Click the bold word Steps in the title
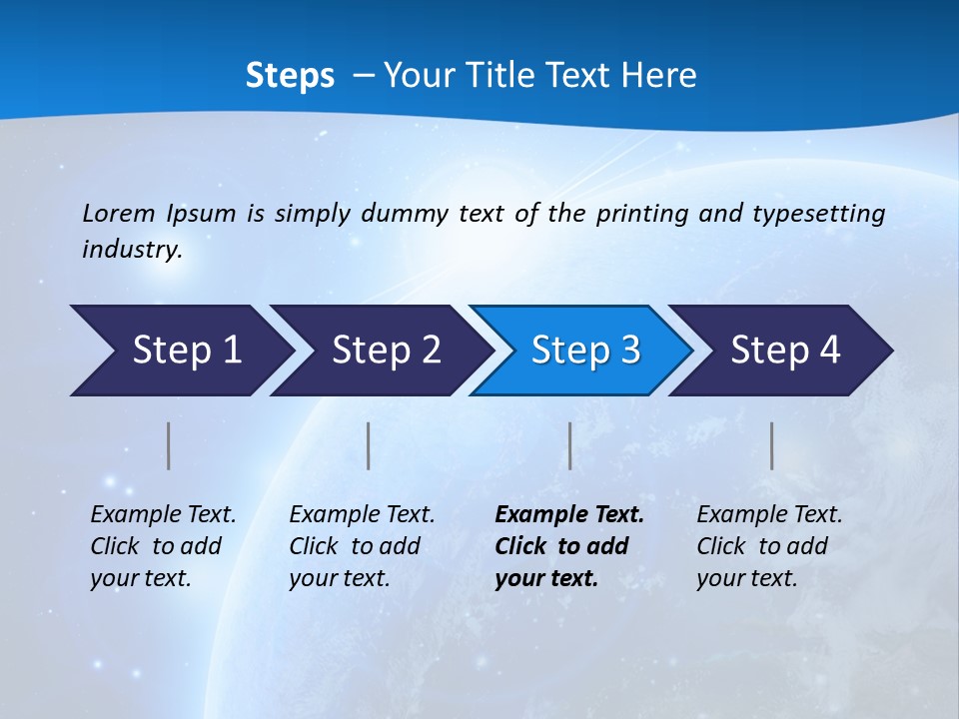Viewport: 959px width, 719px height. tap(290, 76)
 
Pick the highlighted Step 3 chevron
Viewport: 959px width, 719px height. tap(585, 351)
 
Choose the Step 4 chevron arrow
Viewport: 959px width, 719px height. tap(785, 351)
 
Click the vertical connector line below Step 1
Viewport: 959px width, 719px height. tap(169, 445)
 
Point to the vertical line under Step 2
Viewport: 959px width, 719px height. tap(369, 445)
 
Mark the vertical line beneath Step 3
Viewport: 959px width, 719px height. tap(570, 445)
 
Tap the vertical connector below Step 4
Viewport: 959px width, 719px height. tap(772, 445)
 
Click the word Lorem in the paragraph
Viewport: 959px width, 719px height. tap(118, 213)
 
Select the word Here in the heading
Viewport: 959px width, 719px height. tap(663, 76)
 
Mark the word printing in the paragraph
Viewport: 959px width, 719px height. tap(640, 213)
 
